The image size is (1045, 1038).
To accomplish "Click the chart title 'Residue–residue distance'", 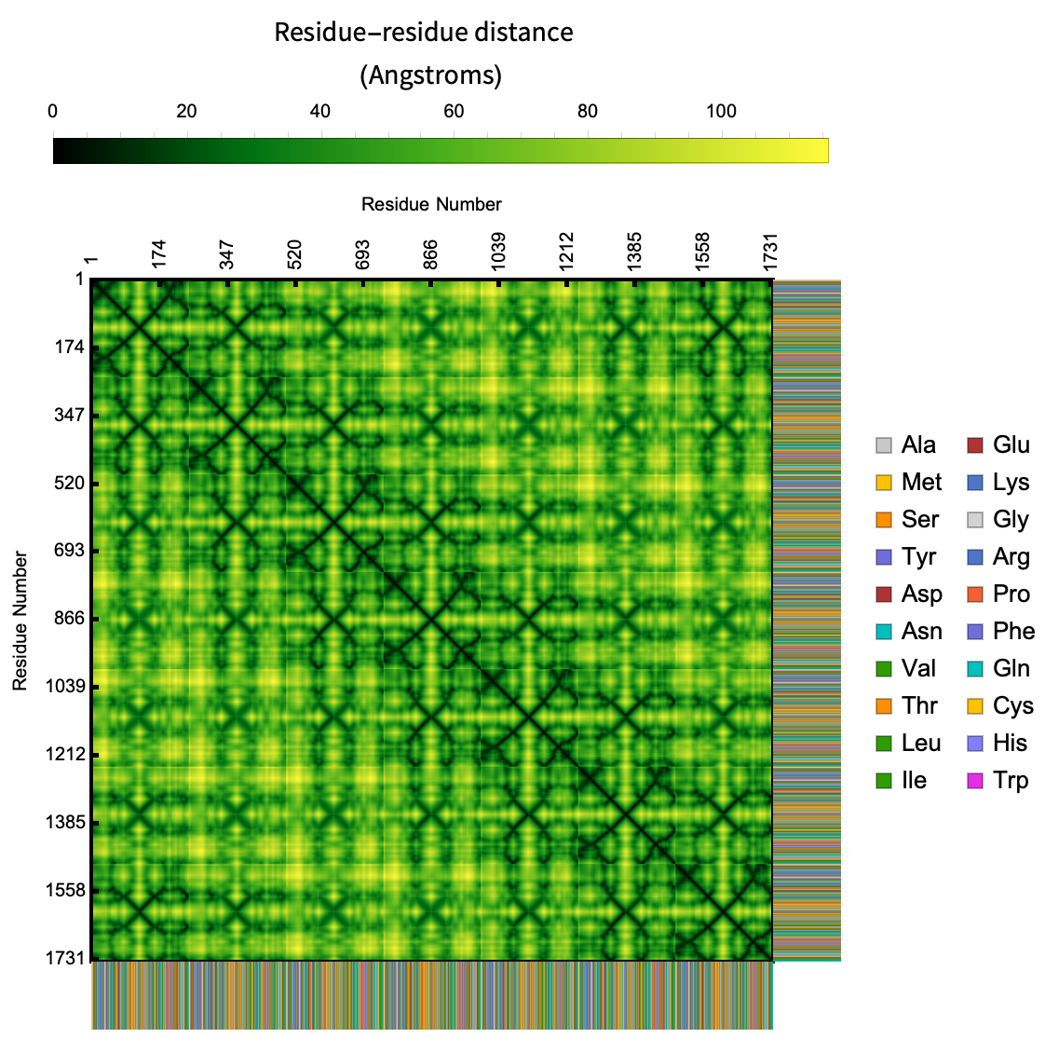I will (x=424, y=33).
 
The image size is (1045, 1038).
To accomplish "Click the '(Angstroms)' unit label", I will (x=430, y=75).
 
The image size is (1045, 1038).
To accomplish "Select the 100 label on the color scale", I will (x=721, y=112).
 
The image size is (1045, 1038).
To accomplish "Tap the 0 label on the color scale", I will (x=53, y=112).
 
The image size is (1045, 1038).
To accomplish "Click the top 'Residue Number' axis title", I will (x=431, y=204).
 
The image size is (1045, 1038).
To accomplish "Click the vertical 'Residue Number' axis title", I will (x=20, y=621).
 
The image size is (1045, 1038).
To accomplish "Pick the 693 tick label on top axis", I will (x=363, y=254).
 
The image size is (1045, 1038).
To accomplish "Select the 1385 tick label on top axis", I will (x=634, y=251).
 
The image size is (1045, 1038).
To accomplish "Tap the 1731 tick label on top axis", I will (x=770, y=251).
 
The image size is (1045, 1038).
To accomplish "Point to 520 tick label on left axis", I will (x=68, y=484).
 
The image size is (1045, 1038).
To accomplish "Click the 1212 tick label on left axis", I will (x=64, y=755).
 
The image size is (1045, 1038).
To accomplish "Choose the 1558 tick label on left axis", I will (x=64, y=891).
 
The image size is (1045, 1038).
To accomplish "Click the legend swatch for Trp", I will (x=975, y=781).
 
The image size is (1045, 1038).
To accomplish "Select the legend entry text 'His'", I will (x=1010, y=744).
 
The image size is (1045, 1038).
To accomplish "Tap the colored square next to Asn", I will (x=884, y=632).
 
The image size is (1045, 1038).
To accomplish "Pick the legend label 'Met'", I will (x=921, y=483).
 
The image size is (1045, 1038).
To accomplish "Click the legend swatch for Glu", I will (x=975, y=445).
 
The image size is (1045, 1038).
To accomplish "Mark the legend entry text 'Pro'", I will (x=1011, y=594).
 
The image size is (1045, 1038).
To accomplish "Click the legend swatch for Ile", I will (x=884, y=781).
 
